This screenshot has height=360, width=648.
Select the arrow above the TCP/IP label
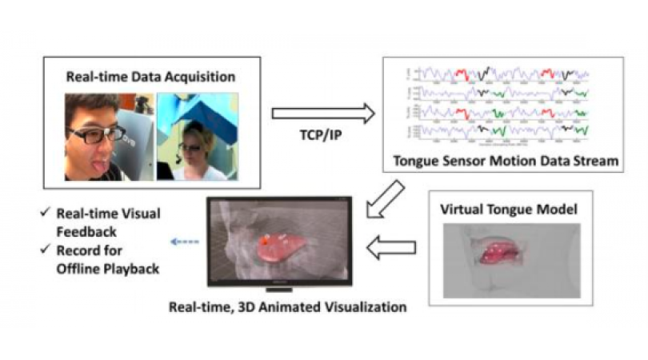point(323,114)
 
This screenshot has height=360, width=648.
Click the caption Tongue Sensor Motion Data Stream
point(506,162)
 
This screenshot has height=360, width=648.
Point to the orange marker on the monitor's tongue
point(262,238)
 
